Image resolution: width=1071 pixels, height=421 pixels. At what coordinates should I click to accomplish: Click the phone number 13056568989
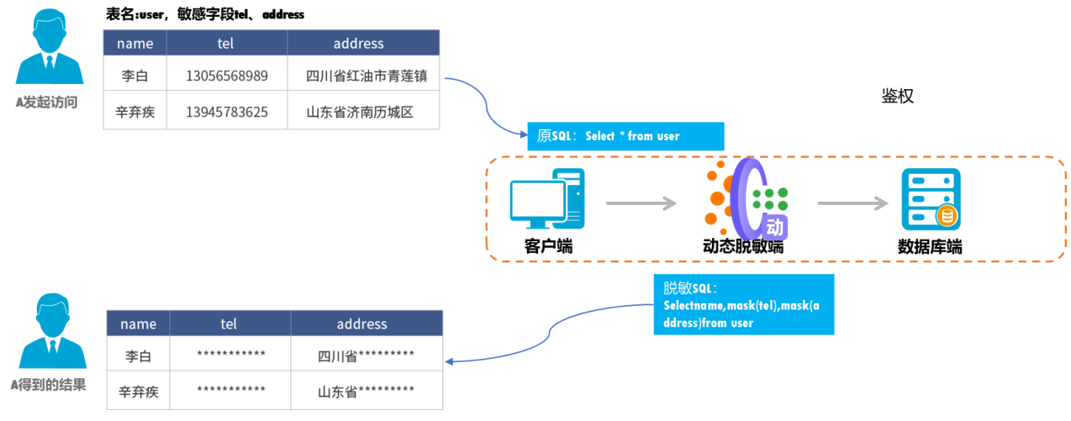(227, 76)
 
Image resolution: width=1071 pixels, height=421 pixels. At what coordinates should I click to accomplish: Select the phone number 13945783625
(227, 112)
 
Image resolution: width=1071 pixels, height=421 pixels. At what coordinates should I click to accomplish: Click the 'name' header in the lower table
(139, 324)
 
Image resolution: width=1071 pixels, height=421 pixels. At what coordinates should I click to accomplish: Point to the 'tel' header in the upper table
(227, 44)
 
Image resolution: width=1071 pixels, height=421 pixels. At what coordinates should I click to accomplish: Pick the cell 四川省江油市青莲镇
(367, 76)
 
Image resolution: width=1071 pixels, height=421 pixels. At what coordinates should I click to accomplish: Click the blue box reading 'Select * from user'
(625, 136)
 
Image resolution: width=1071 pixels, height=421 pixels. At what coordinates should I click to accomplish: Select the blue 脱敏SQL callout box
(743, 304)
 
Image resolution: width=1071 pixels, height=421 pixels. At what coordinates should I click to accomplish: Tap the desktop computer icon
(547, 198)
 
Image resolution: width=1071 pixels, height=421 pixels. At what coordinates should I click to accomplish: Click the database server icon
(931, 200)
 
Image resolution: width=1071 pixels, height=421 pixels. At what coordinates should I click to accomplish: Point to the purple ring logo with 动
(747, 202)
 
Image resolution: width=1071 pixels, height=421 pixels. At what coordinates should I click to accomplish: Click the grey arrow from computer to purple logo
(641, 203)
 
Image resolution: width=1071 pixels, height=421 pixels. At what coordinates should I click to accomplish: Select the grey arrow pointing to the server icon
(852, 203)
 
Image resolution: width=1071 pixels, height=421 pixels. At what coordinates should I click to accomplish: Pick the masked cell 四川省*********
(366, 356)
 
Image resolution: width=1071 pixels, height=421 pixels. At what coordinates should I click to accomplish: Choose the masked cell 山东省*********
(366, 391)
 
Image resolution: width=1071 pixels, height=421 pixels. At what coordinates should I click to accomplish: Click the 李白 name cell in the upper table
(135, 76)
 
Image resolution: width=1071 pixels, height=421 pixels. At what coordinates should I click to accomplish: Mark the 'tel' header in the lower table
(229, 324)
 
